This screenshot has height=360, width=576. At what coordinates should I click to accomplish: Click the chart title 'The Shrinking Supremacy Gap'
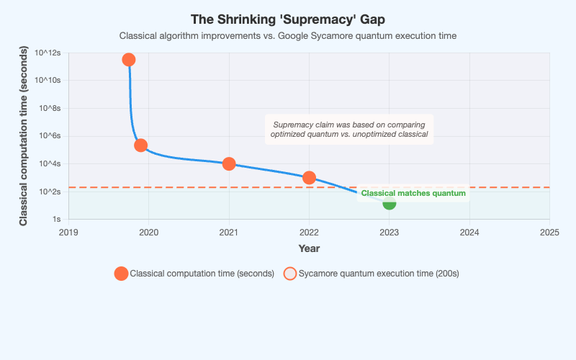point(288,19)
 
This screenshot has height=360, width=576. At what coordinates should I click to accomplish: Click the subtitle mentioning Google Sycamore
point(288,35)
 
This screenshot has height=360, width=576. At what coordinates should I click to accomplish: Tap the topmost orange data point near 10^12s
point(128,60)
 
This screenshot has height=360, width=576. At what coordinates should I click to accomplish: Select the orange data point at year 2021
point(229,163)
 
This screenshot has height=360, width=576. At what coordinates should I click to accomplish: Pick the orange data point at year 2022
point(309,178)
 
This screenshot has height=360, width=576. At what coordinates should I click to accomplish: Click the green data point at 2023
point(389,204)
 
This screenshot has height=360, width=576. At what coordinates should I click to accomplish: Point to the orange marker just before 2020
point(141,145)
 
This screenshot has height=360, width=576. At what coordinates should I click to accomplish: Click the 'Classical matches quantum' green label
point(413,193)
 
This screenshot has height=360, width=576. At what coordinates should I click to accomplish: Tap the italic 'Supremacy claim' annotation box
point(349,130)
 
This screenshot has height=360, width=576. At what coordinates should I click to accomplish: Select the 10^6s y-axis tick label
point(50,136)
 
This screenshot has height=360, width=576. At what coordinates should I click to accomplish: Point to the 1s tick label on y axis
point(55,219)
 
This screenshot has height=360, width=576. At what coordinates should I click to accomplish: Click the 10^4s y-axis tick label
point(50,163)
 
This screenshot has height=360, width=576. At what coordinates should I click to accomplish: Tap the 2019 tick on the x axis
point(68,233)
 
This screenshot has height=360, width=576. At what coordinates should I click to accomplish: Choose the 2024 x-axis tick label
point(469,233)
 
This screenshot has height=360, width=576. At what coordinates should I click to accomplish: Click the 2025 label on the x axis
point(549,233)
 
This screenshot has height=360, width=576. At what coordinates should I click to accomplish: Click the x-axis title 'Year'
point(309,248)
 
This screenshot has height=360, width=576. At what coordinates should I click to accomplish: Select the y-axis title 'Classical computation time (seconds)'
point(24,136)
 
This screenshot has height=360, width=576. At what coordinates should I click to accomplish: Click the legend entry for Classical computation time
point(194,274)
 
